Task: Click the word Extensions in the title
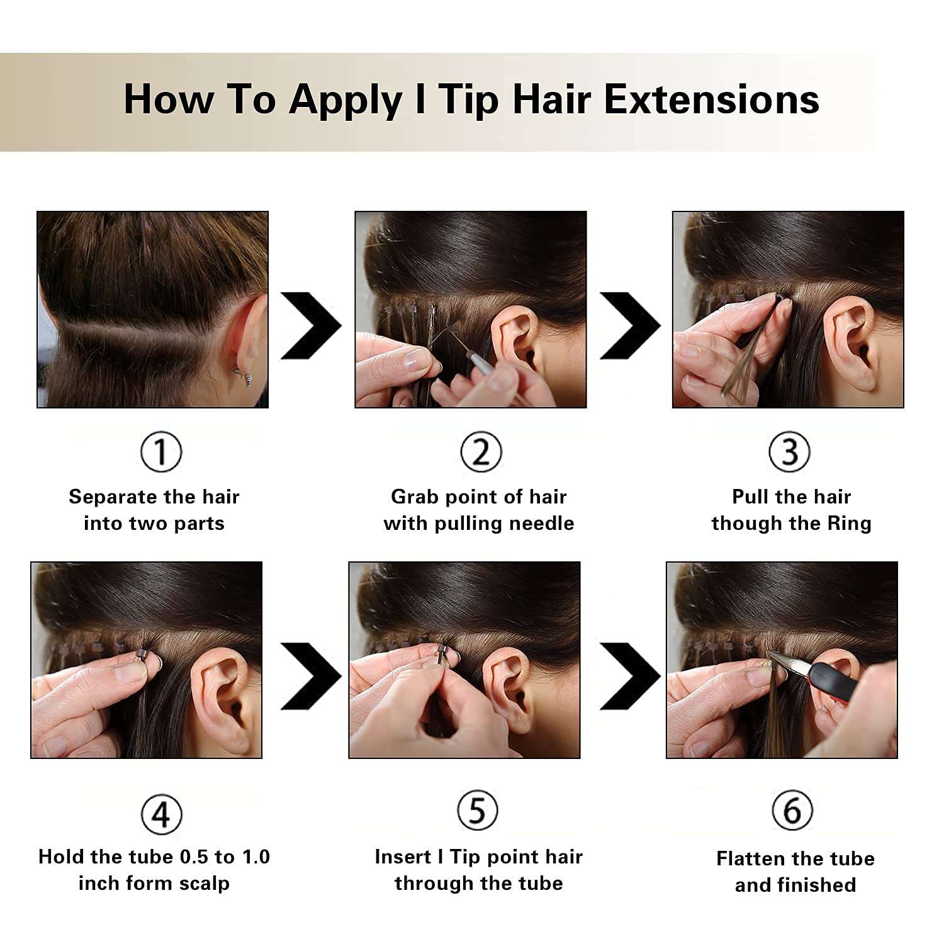tap(711, 100)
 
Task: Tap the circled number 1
tap(161, 452)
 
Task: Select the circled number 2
tap(481, 452)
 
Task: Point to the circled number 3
tap(789, 452)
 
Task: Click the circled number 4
tap(161, 814)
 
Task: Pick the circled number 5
tap(478, 811)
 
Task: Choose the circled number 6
tap(792, 811)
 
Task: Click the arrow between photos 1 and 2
tap(312, 325)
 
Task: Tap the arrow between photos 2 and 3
tap(630, 325)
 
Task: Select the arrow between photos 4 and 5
tap(312, 676)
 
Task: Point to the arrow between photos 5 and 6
tap(630, 676)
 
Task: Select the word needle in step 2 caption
tap(546, 524)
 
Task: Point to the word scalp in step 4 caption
tap(204, 883)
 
